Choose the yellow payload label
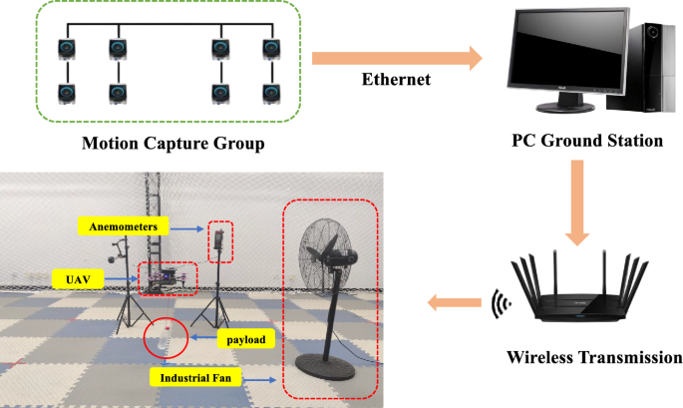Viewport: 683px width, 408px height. (x=245, y=341)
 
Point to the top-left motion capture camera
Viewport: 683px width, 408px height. (x=67, y=48)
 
